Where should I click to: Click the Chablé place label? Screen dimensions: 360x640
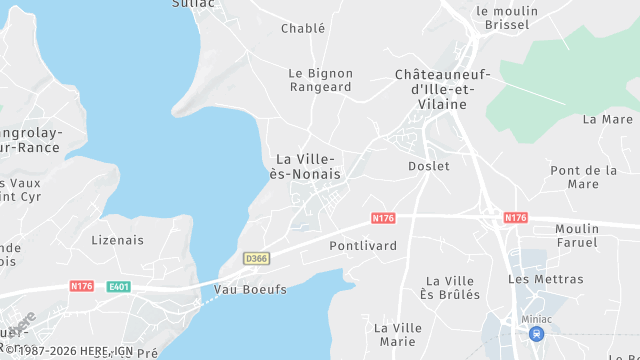pyautogui.click(x=303, y=29)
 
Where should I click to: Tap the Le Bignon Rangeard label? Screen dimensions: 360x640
pyautogui.click(x=320, y=80)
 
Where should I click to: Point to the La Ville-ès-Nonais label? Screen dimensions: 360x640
pyautogui.click(x=307, y=167)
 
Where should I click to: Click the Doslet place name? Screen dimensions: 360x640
pyautogui.click(x=429, y=166)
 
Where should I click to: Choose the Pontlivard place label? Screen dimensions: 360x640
pyautogui.click(x=363, y=245)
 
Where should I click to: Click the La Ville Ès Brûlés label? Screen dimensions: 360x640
pyautogui.click(x=452, y=288)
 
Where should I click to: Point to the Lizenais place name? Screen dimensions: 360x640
pyautogui.click(x=117, y=240)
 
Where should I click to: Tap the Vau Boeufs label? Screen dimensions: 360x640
pyautogui.click(x=250, y=290)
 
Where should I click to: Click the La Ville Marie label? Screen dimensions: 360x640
pyautogui.click(x=398, y=335)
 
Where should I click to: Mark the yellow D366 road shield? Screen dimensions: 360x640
pyautogui.click(x=256, y=259)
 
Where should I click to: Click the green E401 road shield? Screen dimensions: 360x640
pyautogui.click(x=120, y=287)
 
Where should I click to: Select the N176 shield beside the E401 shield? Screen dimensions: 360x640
pyautogui.click(x=82, y=286)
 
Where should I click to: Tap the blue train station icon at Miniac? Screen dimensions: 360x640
pyautogui.click(x=537, y=334)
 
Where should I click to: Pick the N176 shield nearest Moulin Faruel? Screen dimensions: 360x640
pyautogui.click(x=515, y=217)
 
